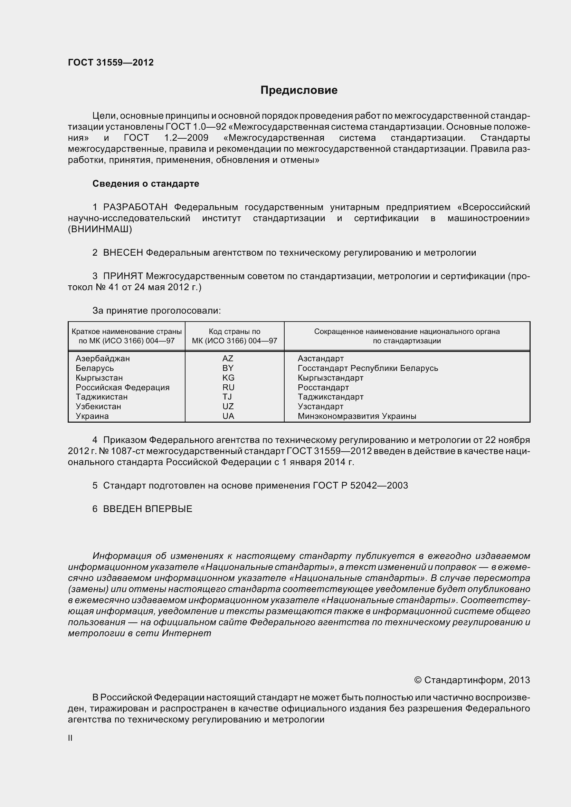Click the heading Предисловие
click(299, 90)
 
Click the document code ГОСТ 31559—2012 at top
click(111, 62)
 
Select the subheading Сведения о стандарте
click(146, 184)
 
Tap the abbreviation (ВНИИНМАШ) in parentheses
click(100, 229)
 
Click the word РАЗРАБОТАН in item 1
click(135, 207)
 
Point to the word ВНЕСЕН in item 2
click(123, 253)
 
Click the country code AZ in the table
click(228, 358)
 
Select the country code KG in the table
click(228, 378)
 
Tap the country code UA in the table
click(228, 416)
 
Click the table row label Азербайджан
click(103, 358)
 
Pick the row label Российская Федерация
click(122, 387)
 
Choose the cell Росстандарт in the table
click(323, 387)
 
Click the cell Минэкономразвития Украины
click(357, 416)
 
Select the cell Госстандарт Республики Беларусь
click(368, 368)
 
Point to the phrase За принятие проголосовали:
click(156, 311)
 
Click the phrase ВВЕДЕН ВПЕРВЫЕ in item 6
click(147, 509)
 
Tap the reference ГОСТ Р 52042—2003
click(360, 485)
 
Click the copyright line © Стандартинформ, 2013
click(472, 680)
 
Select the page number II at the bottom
click(70, 738)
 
